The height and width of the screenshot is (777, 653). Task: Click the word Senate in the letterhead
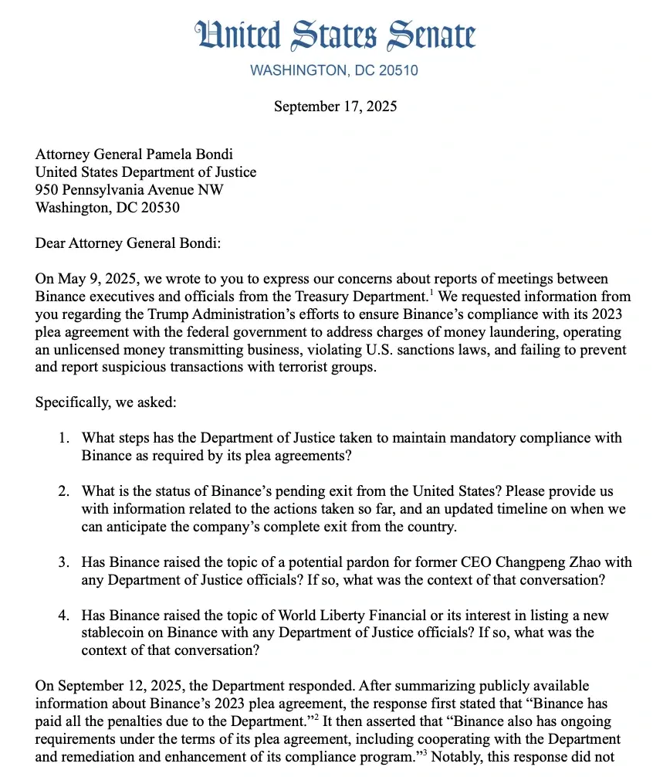click(433, 35)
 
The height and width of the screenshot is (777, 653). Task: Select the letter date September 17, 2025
click(335, 106)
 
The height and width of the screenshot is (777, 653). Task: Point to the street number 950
click(47, 190)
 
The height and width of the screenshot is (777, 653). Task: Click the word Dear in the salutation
click(50, 243)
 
